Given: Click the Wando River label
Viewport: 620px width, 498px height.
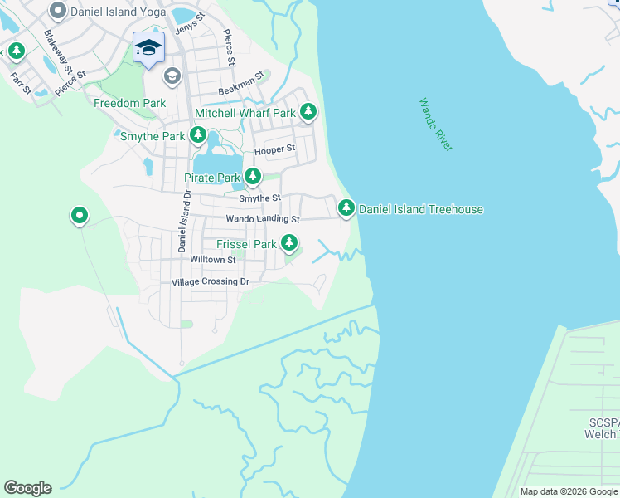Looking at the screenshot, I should [x=435, y=124].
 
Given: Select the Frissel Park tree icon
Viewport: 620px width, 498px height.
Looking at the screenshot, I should [x=289, y=242].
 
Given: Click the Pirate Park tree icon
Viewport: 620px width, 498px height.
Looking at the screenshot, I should [x=252, y=176].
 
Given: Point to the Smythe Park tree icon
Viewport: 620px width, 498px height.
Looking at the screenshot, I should [x=197, y=134].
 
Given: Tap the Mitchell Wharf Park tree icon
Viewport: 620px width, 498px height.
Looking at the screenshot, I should [x=308, y=111].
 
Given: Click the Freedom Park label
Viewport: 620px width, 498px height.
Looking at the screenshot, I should [x=129, y=104].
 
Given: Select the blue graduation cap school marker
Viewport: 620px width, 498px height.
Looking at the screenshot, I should [x=148, y=47].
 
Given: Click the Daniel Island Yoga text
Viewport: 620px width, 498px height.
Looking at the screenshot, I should [x=119, y=12].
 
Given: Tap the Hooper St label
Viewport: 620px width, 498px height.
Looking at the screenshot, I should [x=274, y=149].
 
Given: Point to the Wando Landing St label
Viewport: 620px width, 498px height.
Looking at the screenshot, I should [x=263, y=219].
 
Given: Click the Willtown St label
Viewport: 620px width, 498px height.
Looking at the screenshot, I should [x=213, y=260].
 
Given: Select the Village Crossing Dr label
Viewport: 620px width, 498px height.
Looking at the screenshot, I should [x=210, y=282].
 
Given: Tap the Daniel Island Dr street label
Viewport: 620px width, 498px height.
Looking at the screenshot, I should [x=183, y=220].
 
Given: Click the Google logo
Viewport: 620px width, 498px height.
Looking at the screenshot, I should [x=27, y=488].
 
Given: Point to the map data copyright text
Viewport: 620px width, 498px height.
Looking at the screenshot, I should [x=568, y=491].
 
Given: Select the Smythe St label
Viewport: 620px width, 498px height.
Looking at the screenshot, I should [x=260, y=198].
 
